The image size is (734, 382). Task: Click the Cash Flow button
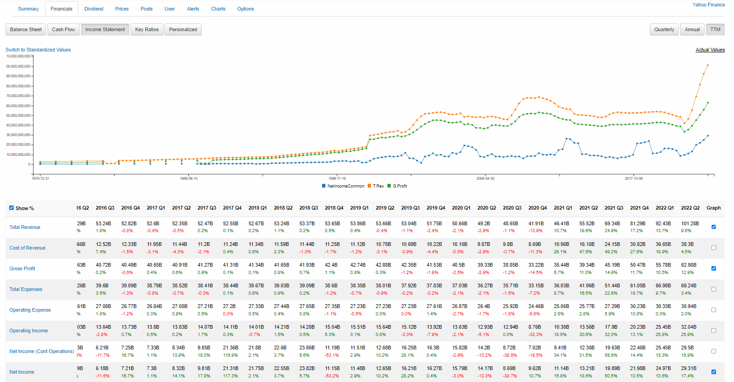pos(63,29)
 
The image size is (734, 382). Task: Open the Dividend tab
pos(94,9)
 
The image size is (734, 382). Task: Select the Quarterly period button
pos(664,29)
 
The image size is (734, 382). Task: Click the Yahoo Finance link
pos(708,5)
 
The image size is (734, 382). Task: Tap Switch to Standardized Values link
pos(38,50)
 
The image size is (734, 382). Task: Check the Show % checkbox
pos(12,208)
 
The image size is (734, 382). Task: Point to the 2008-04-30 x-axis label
pos(485,178)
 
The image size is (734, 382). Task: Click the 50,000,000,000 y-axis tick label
pos(18,115)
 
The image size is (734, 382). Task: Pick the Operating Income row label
pos(29,331)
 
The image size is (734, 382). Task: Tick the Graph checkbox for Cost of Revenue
pos(713,248)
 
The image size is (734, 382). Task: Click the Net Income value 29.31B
pos(688,368)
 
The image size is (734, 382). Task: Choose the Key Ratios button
pos(147,29)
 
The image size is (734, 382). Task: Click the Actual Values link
pos(710,50)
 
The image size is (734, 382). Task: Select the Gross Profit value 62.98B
pos(688,265)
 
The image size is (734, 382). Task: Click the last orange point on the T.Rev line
pos(708,65)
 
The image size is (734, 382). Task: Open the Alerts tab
pos(193,9)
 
